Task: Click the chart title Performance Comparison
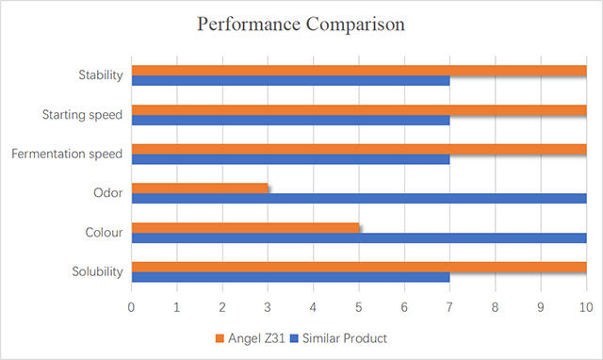click(x=301, y=25)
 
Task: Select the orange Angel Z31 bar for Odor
click(x=199, y=188)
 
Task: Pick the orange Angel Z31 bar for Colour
click(x=245, y=227)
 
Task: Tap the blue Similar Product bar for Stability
click(x=290, y=81)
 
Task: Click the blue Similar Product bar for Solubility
click(x=290, y=277)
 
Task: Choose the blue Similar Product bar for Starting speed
click(x=290, y=121)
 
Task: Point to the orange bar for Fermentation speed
click(x=358, y=149)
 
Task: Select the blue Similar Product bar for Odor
click(x=358, y=199)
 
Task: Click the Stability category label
click(x=100, y=75)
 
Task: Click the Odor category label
click(x=108, y=193)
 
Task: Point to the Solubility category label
click(x=97, y=272)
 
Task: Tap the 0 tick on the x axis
click(x=132, y=307)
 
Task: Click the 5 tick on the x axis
click(x=359, y=307)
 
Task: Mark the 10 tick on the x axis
click(x=585, y=307)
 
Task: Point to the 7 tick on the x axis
click(x=449, y=307)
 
